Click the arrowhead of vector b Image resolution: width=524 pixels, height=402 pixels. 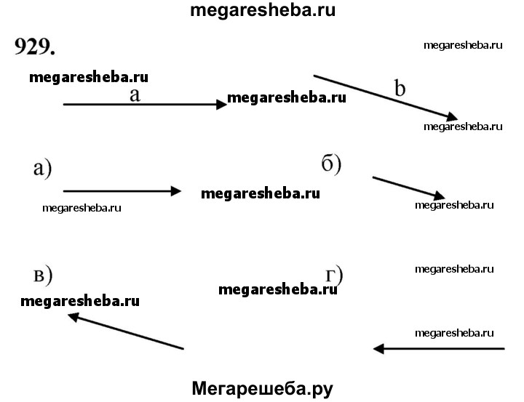pyautogui.click(x=452, y=118)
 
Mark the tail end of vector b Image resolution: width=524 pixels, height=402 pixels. pyautogui.click(x=314, y=75)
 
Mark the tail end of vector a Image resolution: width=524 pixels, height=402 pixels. pyautogui.click(x=64, y=105)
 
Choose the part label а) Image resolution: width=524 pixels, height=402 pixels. pyautogui.click(x=43, y=169)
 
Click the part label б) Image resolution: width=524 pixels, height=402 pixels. pyautogui.click(x=331, y=163)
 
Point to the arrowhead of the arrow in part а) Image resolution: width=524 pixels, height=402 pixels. pyautogui.click(x=177, y=191)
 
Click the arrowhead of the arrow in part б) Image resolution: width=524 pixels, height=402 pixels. pyautogui.click(x=439, y=196)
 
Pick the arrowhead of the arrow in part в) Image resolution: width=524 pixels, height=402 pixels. pyautogui.click(x=74, y=316)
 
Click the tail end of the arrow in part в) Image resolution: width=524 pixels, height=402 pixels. pyautogui.click(x=183, y=349)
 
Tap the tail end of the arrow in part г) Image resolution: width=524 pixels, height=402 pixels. pyautogui.click(x=504, y=349)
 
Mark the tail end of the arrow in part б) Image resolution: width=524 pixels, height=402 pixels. pyautogui.click(x=373, y=177)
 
